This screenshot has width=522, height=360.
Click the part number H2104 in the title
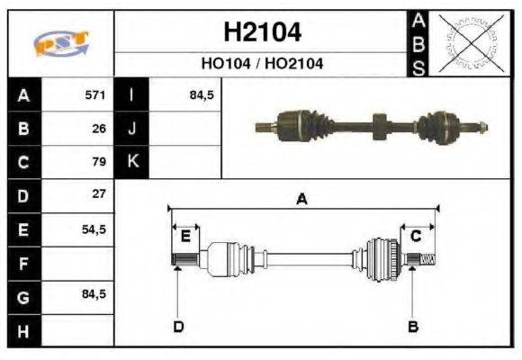(x=262, y=33)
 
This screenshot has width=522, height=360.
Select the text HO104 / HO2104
(x=262, y=64)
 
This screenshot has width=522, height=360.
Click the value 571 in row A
(x=94, y=94)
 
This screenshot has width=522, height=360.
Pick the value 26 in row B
(x=99, y=129)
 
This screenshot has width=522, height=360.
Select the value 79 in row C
(x=99, y=162)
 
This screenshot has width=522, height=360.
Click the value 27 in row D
(x=99, y=194)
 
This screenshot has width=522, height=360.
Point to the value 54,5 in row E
(x=94, y=229)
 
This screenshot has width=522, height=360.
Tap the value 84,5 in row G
(x=94, y=294)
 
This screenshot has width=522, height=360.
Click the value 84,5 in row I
(x=201, y=94)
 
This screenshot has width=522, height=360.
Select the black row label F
(x=22, y=264)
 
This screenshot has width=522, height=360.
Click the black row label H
(x=22, y=330)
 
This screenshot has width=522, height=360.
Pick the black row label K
(x=132, y=162)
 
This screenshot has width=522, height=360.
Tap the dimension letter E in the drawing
(x=185, y=237)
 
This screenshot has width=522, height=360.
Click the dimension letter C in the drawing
(x=416, y=237)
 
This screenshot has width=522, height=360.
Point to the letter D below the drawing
(x=178, y=326)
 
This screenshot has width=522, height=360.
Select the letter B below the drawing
(x=413, y=326)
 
